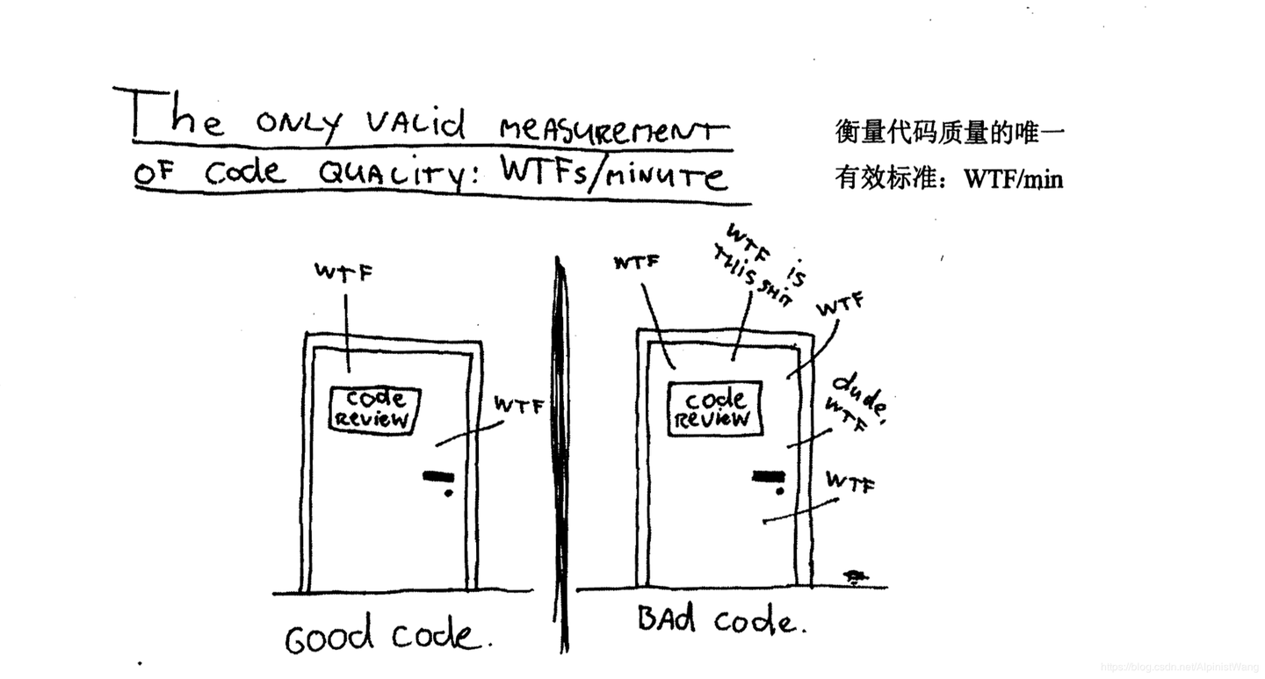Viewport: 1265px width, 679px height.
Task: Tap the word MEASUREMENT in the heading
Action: pyautogui.click(x=614, y=131)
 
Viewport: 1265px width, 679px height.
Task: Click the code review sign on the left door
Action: pyautogui.click(x=374, y=408)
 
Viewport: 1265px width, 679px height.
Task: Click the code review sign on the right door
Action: pyautogui.click(x=714, y=408)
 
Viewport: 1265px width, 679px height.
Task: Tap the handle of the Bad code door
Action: pyautogui.click(x=767, y=477)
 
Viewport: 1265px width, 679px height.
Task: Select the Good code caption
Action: pyautogui.click(x=383, y=636)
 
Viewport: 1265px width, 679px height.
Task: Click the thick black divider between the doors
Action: pyautogui.click(x=560, y=457)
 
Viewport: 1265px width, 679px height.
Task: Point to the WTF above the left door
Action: pyautogui.click(x=343, y=272)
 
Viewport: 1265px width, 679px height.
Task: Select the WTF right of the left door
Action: pyautogui.click(x=518, y=405)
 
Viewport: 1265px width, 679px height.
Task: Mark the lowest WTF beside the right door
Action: pyautogui.click(x=849, y=481)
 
